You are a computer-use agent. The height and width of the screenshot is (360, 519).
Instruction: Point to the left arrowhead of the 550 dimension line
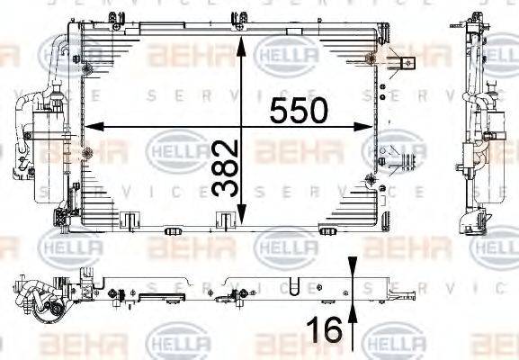(90, 128)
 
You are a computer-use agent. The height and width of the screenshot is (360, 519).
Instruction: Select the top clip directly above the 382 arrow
(240, 19)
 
